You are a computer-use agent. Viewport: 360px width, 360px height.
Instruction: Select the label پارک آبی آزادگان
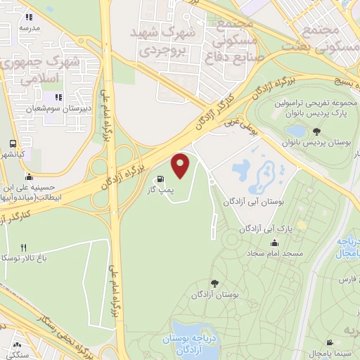[263, 229]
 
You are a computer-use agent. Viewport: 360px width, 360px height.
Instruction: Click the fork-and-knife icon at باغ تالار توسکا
[24, 247]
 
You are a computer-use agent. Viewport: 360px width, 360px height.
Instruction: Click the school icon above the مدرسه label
[29, 17]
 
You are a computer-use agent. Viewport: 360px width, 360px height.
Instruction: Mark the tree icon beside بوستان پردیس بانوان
[317, 131]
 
